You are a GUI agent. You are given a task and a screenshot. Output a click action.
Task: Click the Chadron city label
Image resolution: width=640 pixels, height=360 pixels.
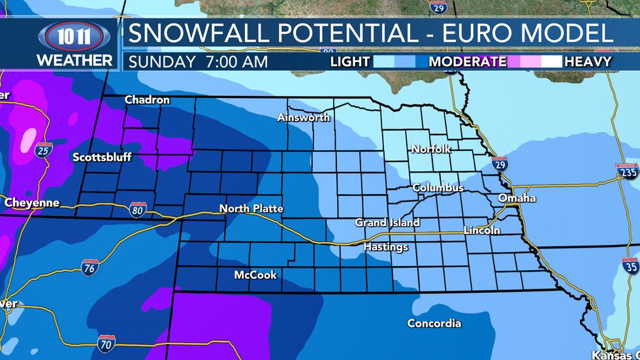click(x=147, y=100)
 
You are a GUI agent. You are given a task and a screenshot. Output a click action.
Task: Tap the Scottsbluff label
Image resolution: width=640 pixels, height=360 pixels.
click(x=102, y=157)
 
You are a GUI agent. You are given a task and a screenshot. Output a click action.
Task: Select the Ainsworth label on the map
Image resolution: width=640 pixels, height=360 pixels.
click(x=304, y=118)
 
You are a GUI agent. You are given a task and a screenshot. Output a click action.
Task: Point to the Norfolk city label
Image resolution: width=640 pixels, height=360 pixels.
click(x=431, y=149)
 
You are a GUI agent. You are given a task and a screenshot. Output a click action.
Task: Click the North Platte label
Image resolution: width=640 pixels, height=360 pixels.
click(x=251, y=208)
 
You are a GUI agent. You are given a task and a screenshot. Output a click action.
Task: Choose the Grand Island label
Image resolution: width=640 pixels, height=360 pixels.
click(x=387, y=223)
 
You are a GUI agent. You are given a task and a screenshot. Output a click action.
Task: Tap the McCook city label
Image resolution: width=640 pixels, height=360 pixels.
click(x=255, y=275)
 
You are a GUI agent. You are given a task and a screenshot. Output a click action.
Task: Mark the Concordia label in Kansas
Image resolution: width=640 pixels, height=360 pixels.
click(x=434, y=323)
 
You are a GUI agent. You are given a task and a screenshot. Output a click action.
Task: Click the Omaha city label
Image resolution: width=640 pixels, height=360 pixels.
click(x=517, y=198)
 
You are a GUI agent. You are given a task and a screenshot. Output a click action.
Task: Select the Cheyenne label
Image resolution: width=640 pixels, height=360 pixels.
click(x=32, y=203)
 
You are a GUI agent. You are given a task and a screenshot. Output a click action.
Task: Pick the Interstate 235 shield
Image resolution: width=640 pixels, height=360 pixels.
click(x=626, y=172)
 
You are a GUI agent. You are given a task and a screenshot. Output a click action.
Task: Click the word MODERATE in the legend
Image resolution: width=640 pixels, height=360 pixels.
click(x=467, y=62)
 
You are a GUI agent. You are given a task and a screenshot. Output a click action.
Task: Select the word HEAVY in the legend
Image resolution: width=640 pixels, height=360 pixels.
click(x=588, y=62)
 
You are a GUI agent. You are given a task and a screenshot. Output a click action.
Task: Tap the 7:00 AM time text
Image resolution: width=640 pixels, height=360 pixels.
click(x=236, y=62)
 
